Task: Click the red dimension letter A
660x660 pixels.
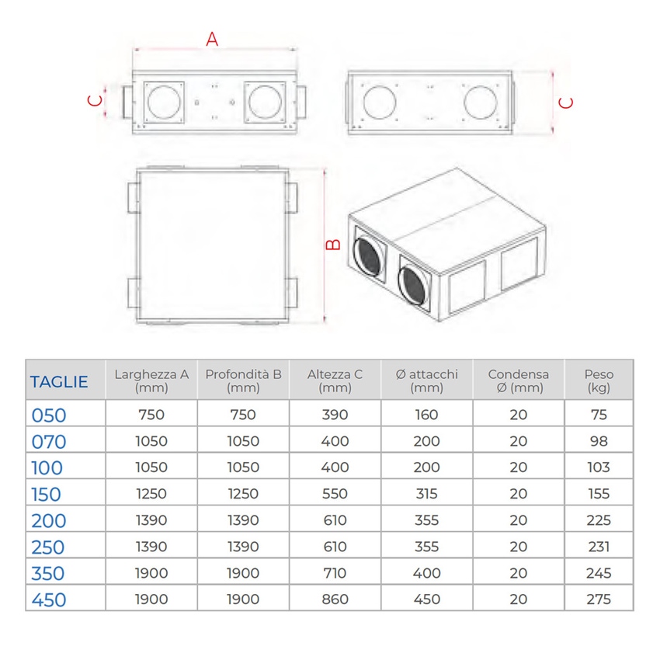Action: coord(212,39)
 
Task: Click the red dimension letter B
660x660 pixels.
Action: coord(332,244)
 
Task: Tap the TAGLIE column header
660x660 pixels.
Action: coord(59,381)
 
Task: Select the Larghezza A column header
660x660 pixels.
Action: coord(151,380)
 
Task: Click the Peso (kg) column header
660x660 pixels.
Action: coord(599,380)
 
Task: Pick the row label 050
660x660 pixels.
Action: coord(49,415)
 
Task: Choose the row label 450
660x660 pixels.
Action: coord(49,600)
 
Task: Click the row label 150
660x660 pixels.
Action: coord(47,495)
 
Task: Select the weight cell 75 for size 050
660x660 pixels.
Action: coord(599,415)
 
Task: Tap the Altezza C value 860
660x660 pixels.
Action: coord(335,599)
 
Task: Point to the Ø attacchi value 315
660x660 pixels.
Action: coord(426,494)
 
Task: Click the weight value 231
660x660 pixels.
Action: coord(599,547)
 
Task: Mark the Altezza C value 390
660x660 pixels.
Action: coord(335,415)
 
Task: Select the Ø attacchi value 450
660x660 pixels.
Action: coord(426,599)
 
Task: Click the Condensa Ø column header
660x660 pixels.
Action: coord(518,380)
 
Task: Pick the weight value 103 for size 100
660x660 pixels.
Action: coord(599,467)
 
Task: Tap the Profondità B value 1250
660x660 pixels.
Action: coord(243,494)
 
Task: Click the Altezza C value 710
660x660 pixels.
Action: coord(335,573)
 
